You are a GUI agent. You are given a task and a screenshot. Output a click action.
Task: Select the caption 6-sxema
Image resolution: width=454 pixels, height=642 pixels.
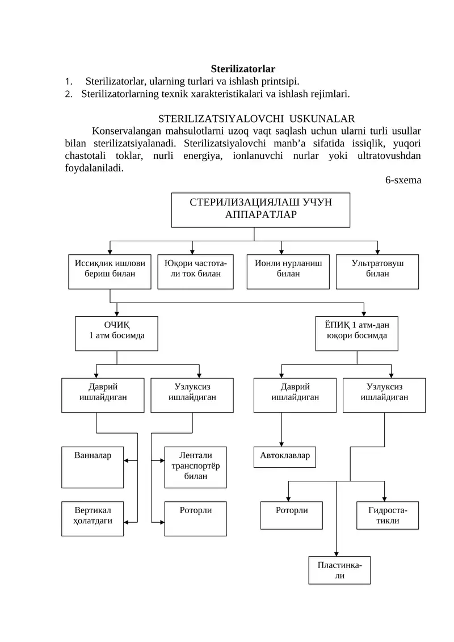pos(403,180)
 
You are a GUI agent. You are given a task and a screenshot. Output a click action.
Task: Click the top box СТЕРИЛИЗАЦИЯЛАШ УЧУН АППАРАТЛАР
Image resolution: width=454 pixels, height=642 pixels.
pos(260,209)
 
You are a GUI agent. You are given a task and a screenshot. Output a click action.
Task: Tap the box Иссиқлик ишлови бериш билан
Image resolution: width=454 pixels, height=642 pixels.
pos(110,271)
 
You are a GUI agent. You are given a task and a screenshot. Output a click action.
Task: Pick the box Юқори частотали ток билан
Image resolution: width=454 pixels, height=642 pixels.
pos(195,271)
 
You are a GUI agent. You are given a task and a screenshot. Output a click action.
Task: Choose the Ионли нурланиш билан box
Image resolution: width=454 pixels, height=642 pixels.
pos(288,271)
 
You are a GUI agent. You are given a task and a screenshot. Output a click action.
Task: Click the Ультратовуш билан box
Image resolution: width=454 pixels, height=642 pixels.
pos(377,271)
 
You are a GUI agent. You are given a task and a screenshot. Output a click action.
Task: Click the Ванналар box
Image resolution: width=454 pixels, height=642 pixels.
pos(93,467)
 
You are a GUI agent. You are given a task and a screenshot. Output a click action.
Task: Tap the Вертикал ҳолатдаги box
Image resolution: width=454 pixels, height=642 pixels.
pos(93,518)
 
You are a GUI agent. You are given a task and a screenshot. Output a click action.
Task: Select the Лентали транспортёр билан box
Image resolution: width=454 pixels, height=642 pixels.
pos(195,467)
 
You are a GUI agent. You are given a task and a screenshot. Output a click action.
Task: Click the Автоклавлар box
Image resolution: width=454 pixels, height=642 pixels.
pos(285,457)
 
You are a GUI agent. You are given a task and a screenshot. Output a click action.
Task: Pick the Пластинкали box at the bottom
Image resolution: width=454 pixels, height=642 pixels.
pos(339,570)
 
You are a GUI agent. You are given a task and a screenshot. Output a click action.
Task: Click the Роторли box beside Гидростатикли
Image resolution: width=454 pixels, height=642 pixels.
pos(291,515)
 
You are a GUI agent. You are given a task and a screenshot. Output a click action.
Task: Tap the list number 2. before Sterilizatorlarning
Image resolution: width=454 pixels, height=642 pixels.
pos(68,93)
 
